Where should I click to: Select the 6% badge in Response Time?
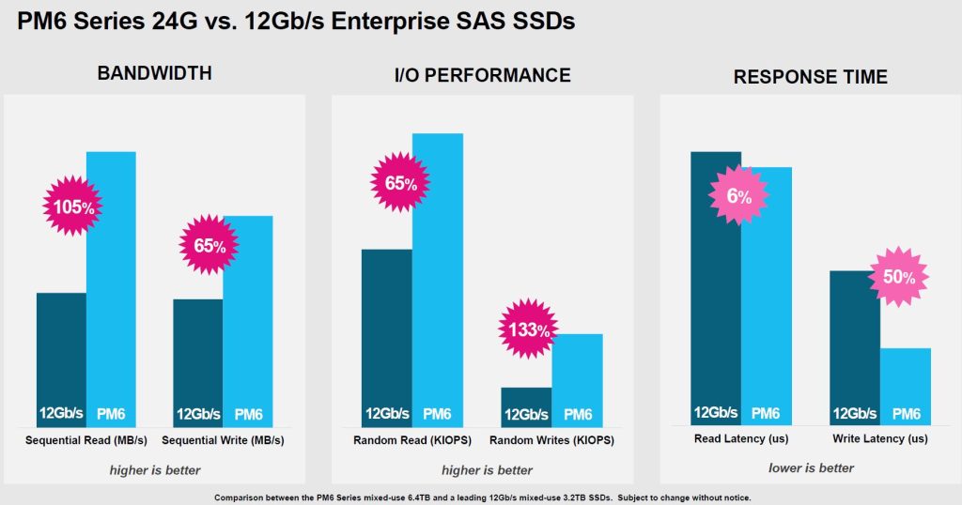click(738, 197)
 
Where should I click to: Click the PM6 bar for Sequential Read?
click(111, 282)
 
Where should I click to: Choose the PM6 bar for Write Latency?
click(906, 386)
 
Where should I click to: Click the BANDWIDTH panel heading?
click(155, 74)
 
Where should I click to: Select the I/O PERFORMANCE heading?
click(482, 75)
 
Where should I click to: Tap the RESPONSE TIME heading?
click(810, 78)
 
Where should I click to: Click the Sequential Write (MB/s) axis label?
click(223, 439)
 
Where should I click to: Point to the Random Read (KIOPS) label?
click(411, 439)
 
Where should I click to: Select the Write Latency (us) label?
click(880, 438)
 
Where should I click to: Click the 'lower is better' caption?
click(811, 467)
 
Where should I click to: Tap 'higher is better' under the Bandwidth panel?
click(155, 469)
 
